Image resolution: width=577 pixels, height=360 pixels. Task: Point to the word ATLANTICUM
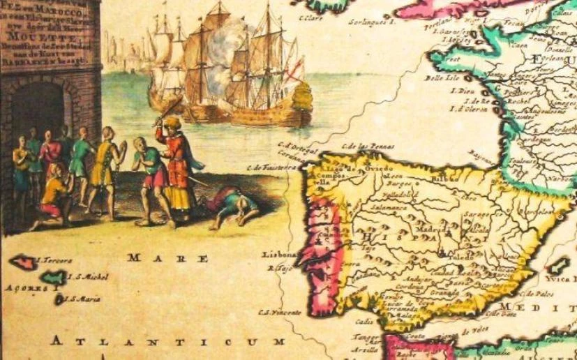point(167,341)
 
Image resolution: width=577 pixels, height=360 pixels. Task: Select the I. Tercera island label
point(54,261)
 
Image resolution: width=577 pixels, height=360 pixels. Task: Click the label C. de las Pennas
point(369,147)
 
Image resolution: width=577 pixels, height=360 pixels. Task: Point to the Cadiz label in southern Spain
point(364,322)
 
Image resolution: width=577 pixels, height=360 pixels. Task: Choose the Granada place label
point(424,294)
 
